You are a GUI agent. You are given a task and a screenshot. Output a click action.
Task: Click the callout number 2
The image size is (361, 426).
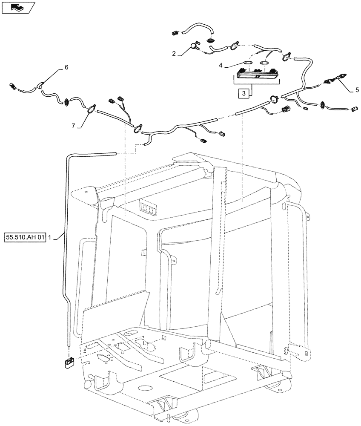174,54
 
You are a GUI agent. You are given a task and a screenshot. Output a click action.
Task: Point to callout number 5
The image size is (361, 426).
357,90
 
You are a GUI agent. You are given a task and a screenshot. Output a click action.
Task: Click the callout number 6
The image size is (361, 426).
66,67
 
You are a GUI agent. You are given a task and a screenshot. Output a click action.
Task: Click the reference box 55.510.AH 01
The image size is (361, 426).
26,236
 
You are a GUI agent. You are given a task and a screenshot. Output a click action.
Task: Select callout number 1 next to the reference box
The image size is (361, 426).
50,236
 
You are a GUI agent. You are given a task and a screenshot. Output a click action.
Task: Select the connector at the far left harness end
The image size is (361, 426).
13,87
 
